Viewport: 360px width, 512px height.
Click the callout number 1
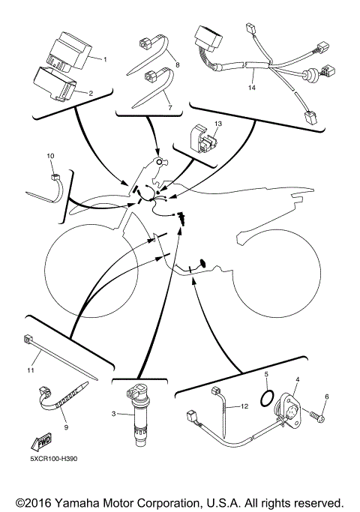click(106, 58)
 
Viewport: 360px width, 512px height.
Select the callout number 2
click(91, 93)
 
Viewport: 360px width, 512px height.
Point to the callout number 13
click(219, 122)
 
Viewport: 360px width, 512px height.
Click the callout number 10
click(51, 155)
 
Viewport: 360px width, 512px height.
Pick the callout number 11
click(31, 370)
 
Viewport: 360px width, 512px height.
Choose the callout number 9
click(66, 427)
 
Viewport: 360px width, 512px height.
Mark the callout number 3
click(114, 413)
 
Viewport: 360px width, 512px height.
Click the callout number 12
click(244, 407)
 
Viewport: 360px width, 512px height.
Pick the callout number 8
click(177, 66)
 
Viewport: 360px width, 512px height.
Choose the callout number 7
click(169, 108)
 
